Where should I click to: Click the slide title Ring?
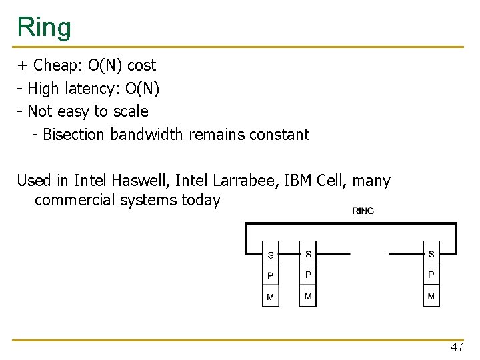(44, 27)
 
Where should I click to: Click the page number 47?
(457, 347)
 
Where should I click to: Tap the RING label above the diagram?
(363, 211)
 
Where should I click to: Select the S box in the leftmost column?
(270, 254)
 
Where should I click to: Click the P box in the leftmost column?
(270, 275)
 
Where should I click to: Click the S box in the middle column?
(308, 253)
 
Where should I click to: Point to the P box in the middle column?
(308, 275)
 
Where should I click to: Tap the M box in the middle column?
(308, 296)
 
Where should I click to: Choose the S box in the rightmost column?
(431, 253)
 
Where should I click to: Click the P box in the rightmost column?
(431, 275)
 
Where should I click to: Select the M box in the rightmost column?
(431, 296)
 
